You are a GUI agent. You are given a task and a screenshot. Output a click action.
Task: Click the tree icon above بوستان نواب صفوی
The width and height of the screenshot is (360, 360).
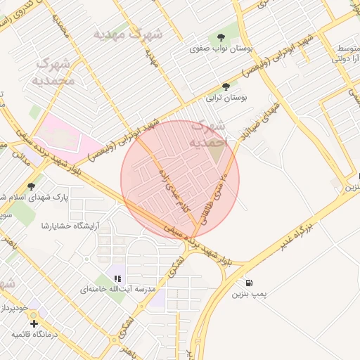pos(221,37)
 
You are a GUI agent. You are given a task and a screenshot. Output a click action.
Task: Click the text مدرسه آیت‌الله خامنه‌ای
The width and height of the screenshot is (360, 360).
pos(115,290)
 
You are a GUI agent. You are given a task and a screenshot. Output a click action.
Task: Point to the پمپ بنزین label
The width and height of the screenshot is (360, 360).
pos(250,295)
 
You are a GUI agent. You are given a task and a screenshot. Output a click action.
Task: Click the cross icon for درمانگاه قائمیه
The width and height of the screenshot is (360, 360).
pos(34,324)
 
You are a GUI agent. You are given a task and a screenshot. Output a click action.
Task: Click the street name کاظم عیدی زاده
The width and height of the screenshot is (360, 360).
pos(172,190)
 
